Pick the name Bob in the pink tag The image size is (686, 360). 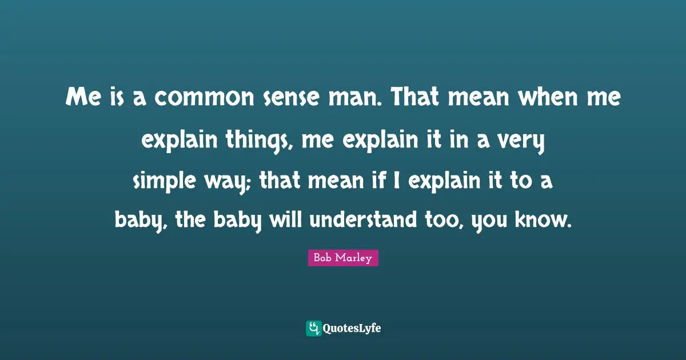tap(323, 258)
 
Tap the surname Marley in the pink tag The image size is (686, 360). tap(354, 258)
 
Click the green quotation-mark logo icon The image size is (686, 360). tap(313, 328)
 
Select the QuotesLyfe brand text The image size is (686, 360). tap(352, 329)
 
